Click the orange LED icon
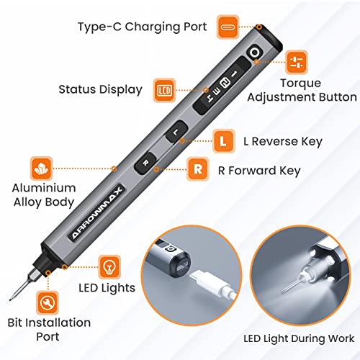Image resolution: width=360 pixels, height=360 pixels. click(163, 90)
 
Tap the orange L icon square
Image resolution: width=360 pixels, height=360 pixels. click(223, 142)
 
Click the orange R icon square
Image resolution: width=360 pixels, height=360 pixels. click(197, 171)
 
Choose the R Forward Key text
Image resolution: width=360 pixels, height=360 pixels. click(261, 171)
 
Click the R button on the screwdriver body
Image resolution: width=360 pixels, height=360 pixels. click(146, 164)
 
